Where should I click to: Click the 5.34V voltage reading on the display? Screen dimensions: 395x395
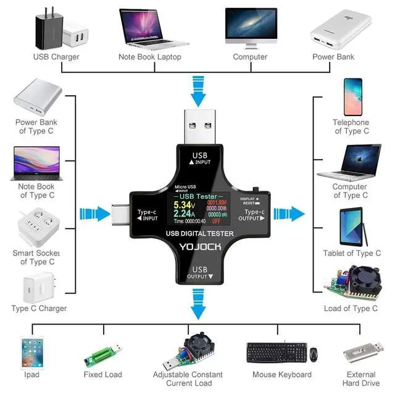tap(183, 205)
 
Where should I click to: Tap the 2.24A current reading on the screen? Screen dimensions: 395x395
tap(183, 214)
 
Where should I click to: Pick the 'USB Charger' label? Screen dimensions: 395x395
tap(56, 57)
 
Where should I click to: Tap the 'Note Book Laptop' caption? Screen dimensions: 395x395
tap(150, 57)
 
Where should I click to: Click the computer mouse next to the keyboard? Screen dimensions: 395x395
tap(314, 355)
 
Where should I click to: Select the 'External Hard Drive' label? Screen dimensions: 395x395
tap(361, 379)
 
